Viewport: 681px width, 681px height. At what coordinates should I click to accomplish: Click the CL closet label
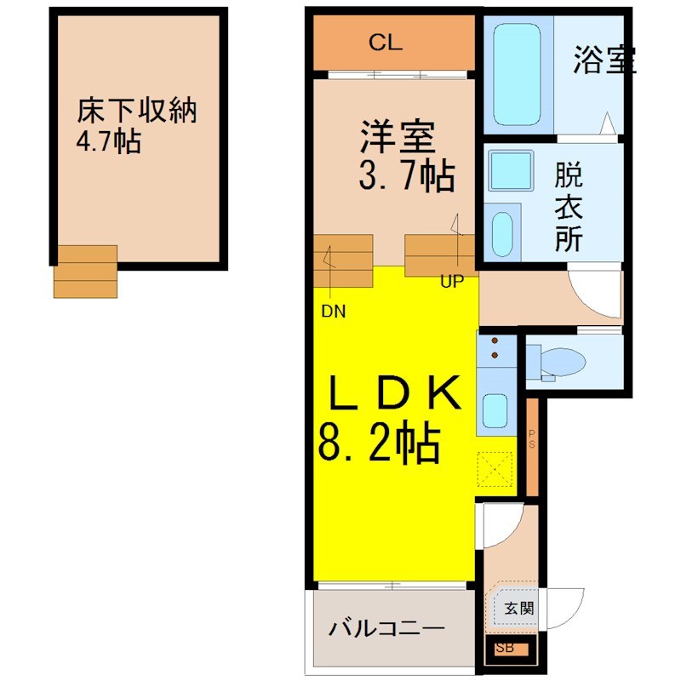click(386, 43)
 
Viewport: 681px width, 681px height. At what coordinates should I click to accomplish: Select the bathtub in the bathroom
click(518, 74)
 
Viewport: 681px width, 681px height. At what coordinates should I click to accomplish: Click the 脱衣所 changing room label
click(569, 207)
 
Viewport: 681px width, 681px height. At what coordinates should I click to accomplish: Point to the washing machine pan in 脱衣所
click(511, 171)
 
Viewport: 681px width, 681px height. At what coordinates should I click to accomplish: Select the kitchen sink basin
click(495, 410)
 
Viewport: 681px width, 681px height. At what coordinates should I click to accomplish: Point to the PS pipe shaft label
click(532, 438)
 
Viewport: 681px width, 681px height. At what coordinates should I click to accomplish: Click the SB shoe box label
click(505, 648)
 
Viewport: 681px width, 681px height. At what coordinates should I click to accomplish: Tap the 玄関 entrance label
click(519, 608)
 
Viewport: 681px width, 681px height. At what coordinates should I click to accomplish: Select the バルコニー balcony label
click(387, 628)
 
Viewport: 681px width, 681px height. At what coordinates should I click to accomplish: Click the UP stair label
click(452, 282)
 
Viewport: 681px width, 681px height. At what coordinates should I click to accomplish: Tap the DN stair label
click(334, 312)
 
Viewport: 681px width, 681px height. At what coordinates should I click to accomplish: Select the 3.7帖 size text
click(407, 175)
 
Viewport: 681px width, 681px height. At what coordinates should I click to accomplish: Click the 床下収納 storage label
click(137, 111)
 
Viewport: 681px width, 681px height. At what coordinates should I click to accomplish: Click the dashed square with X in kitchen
click(495, 469)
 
